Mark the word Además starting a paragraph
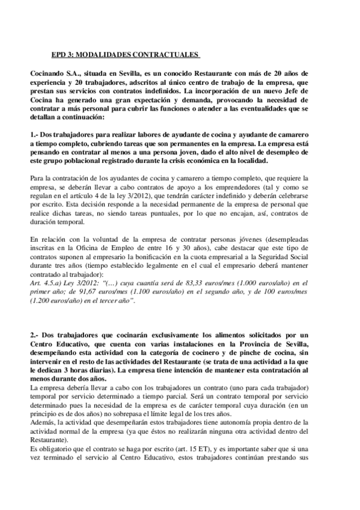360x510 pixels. click(x=43, y=423)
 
